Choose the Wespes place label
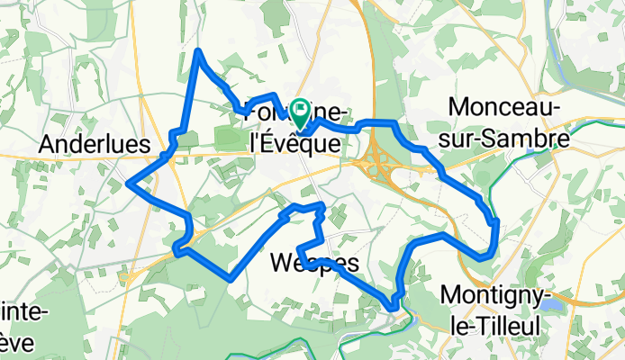314,264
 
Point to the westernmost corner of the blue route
130,184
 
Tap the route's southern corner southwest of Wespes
231,280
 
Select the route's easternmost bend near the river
496,221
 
